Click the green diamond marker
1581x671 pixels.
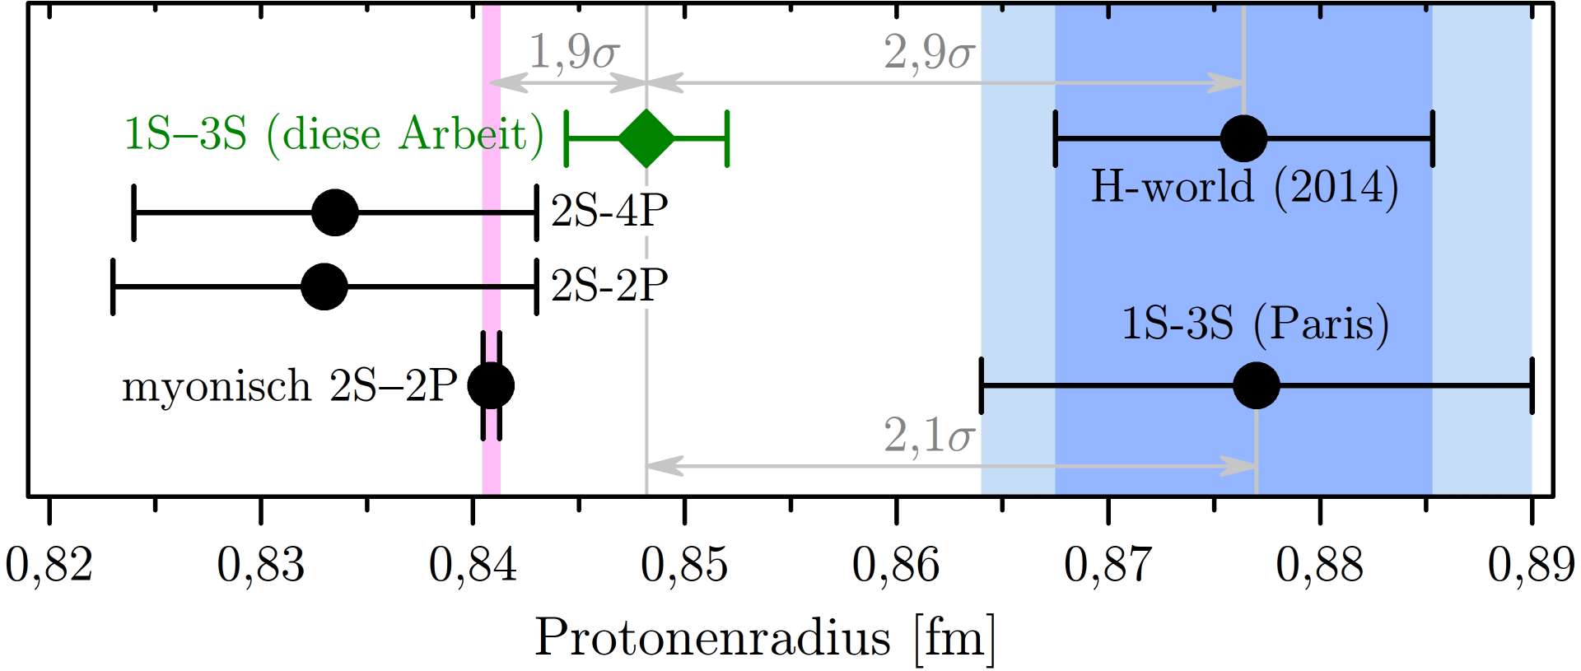(646, 137)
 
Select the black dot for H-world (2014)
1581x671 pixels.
(1243, 138)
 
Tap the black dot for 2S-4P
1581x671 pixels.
(335, 212)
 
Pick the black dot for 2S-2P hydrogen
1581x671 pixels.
(324, 287)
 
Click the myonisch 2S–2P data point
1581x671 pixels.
(491, 385)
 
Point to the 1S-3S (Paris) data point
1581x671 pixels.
(1257, 385)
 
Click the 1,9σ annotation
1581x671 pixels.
(574, 52)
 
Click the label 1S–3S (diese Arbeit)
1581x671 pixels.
(333, 134)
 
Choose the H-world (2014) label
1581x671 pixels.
(1244, 187)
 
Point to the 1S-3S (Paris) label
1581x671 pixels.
(1255, 323)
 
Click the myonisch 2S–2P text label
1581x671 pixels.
(289, 386)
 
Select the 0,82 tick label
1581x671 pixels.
(49, 566)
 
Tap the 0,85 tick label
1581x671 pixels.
(684, 566)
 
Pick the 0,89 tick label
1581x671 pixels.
(1531, 566)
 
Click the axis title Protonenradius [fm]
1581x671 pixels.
(765, 638)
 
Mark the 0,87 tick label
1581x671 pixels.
(1108, 566)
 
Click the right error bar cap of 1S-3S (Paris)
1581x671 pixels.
(1532, 385)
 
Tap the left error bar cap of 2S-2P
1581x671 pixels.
(113, 287)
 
